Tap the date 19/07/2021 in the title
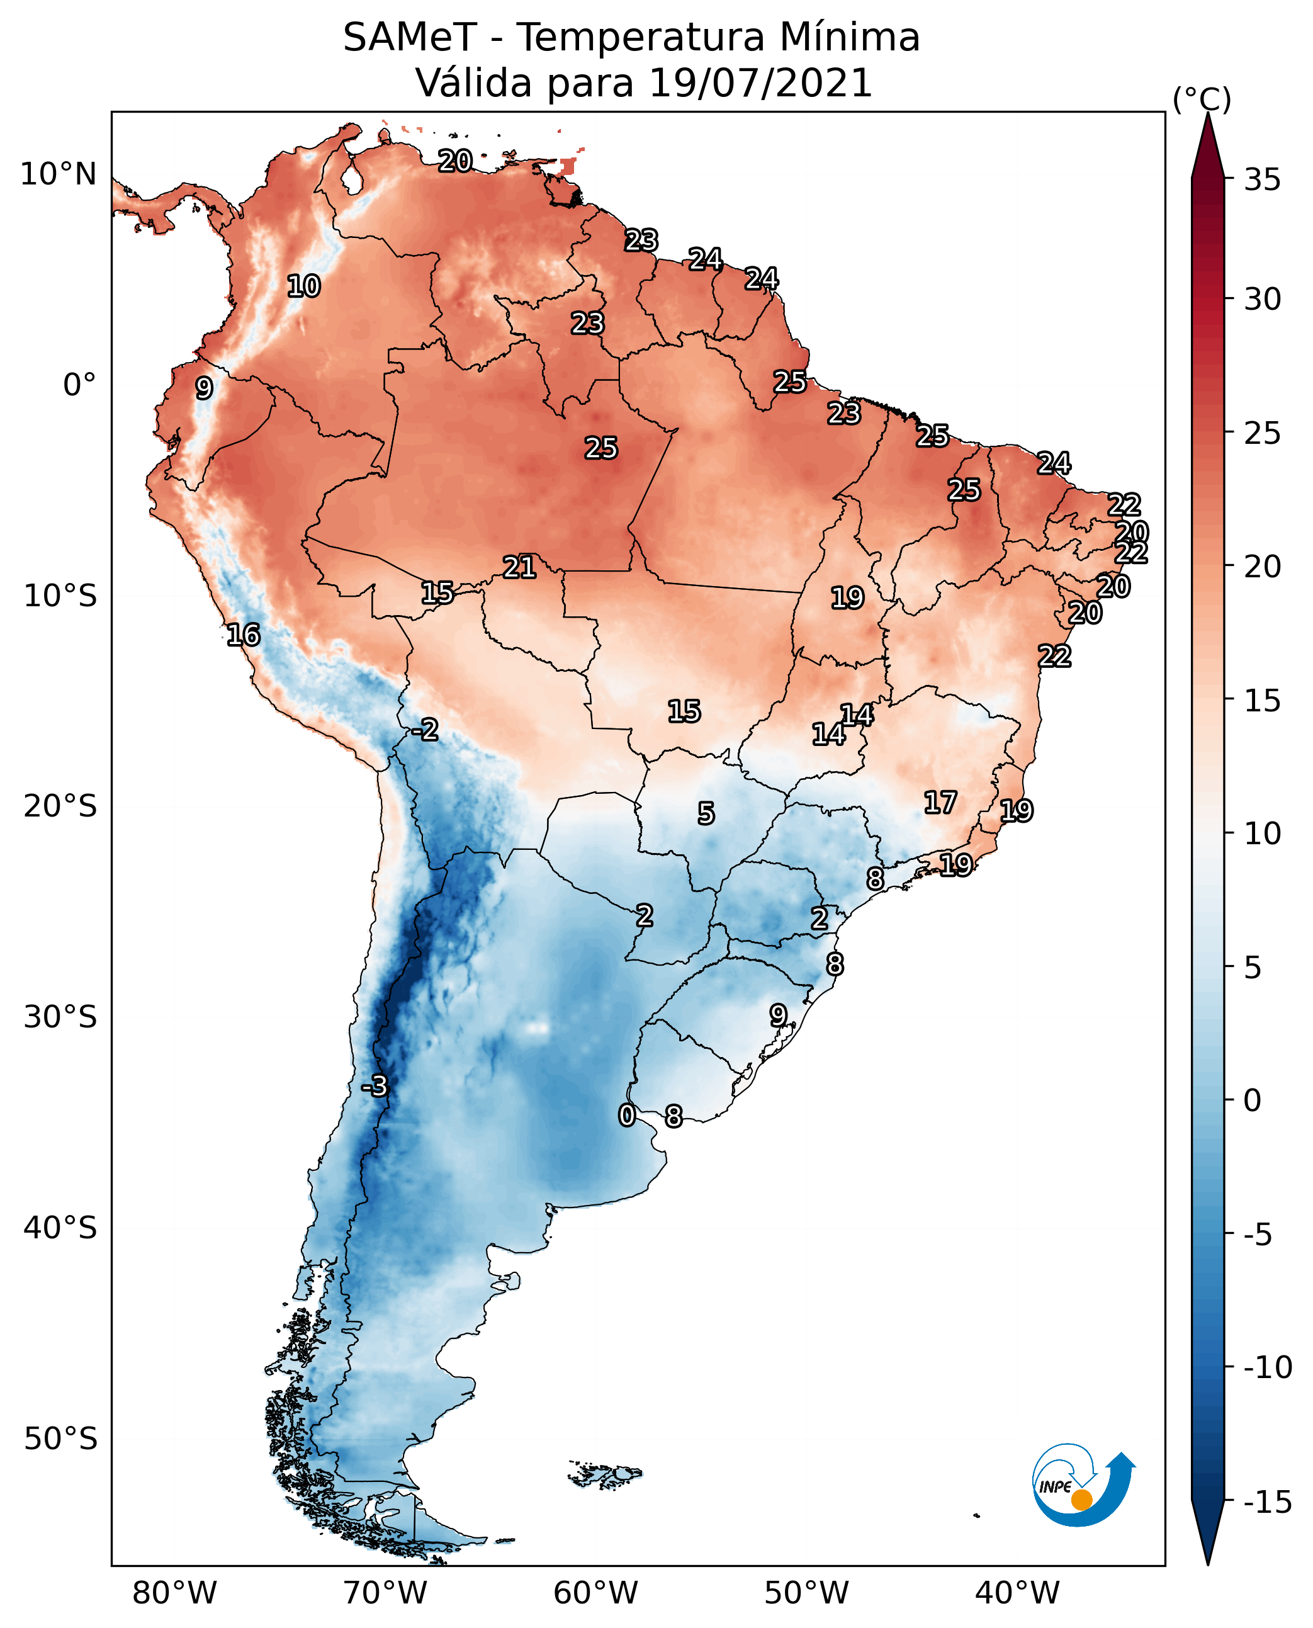(760, 83)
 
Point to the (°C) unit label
(1201, 99)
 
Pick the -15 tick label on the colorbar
(1267, 1503)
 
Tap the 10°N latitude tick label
(59, 175)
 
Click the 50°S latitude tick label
(60, 1439)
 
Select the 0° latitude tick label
(79, 385)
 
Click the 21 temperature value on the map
(520, 567)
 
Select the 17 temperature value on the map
(940, 803)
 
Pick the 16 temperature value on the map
(244, 635)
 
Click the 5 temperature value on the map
(706, 814)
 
